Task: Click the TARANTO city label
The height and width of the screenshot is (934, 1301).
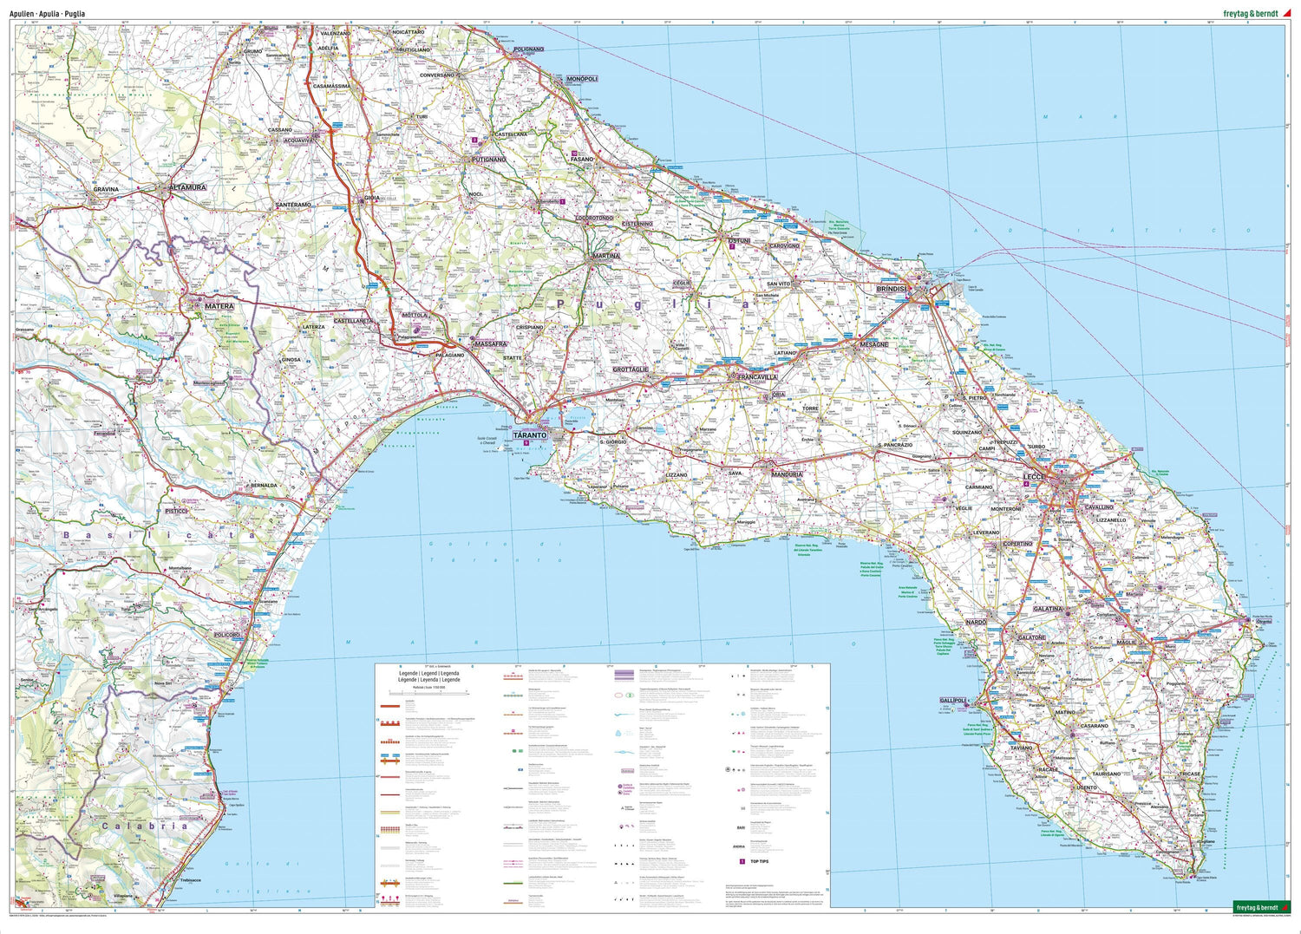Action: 529,435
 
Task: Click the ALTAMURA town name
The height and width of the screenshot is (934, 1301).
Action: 187,187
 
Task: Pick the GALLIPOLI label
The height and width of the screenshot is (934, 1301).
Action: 956,701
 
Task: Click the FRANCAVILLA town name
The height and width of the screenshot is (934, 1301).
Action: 757,378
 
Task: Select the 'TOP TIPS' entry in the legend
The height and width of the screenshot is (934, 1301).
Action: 761,862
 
